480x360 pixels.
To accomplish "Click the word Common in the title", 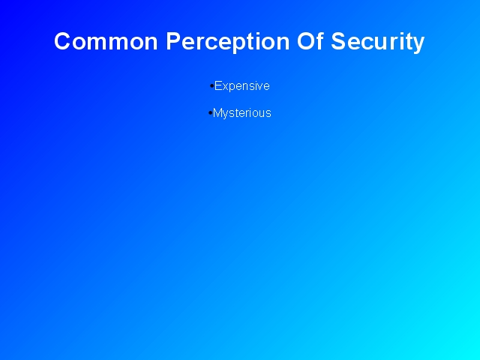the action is (106, 41).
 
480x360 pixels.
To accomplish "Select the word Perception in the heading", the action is (228, 43).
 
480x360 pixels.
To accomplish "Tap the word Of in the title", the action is (310, 40).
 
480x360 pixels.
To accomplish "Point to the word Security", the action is (378, 43).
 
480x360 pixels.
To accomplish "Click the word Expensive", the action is (241, 86).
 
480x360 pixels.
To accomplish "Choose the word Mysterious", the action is (241, 113).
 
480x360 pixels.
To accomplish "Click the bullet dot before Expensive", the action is (211, 86).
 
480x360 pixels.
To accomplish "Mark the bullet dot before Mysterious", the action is (210, 113).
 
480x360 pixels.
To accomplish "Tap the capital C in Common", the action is (63, 41).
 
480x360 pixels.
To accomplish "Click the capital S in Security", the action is (338, 41).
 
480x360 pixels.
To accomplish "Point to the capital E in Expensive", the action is (218, 85).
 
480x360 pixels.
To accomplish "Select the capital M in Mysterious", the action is (217, 113).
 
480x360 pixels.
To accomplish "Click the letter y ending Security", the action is (418, 45).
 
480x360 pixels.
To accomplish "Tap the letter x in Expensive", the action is (225, 87).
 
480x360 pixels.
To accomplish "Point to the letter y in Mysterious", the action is (225, 115).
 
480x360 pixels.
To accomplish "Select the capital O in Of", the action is (305, 41).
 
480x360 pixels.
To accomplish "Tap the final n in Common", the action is (151, 43).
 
